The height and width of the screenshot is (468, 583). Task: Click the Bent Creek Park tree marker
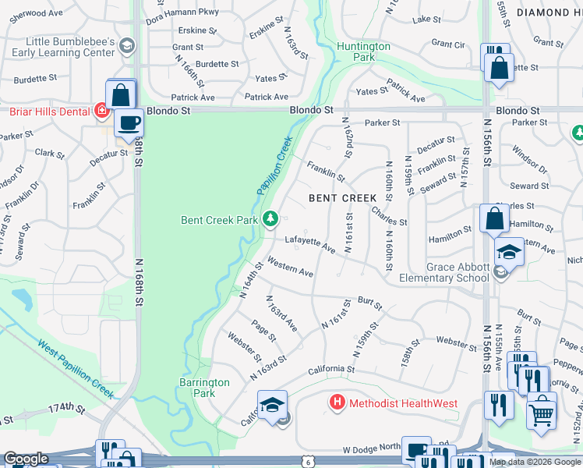pos(270,219)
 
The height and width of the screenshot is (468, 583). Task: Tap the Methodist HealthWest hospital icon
pos(337,403)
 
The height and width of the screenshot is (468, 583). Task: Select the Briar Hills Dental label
pos(49,112)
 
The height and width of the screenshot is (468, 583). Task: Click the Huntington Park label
pos(363,51)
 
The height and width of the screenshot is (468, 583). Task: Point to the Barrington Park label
pos(204,388)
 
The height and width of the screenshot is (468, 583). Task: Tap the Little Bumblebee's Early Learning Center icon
pos(125,47)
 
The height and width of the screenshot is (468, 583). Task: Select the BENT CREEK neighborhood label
pos(343,198)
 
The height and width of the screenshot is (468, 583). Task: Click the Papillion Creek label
pos(274,166)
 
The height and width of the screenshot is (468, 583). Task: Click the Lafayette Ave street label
pos(309,244)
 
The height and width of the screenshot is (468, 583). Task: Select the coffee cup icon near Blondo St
pos(129,122)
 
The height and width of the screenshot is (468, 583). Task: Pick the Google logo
pos(26,459)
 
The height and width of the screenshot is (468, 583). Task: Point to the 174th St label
pos(65,408)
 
